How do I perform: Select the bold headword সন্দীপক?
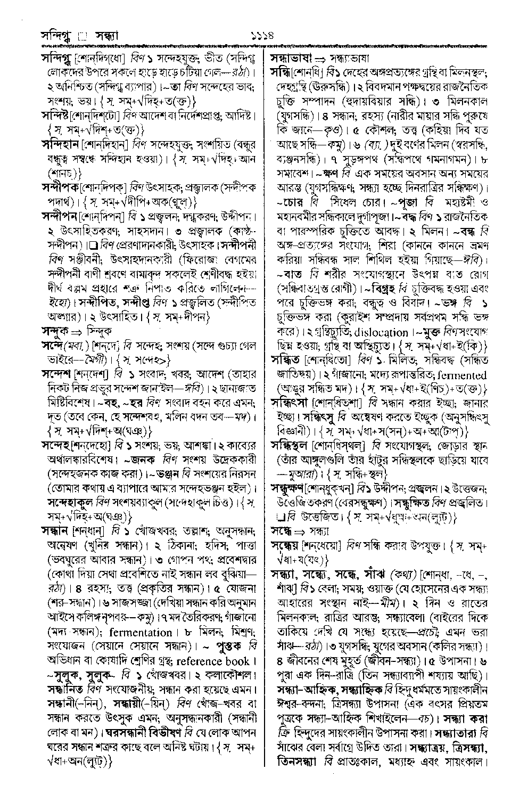tap(60, 187)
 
